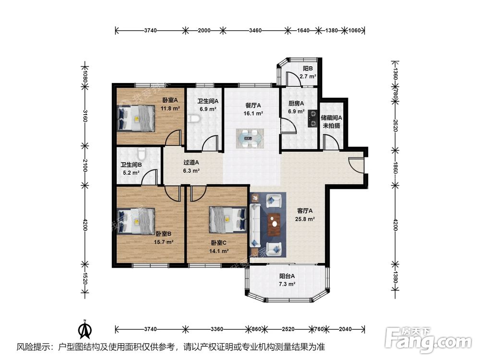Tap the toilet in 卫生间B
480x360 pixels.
(142, 152)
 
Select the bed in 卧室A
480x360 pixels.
(136, 119)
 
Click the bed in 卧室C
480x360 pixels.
(228, 220)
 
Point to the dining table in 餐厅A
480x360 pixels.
(250, 138)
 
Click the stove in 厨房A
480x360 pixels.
(312, 118)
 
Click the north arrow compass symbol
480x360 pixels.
(85, 329)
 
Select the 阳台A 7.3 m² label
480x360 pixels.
(287, 280)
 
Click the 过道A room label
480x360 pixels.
(191, 162)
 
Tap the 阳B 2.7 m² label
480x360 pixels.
(308, 72)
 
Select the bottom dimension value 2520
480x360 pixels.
(288, 329)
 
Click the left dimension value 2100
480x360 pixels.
(85, 166)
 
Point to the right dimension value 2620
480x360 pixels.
(395, 125)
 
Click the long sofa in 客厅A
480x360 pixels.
(255, 225)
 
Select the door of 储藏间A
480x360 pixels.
(331, 143)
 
